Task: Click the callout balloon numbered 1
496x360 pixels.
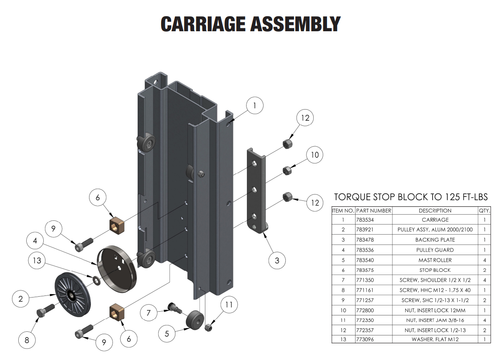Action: (255, 106)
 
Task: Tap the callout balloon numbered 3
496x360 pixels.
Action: (277, 261)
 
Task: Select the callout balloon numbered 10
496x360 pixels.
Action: (314, 155)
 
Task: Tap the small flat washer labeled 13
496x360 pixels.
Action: (95, 280)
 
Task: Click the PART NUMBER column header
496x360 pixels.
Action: (374, 211)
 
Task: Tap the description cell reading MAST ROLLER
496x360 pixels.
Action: (435, 260)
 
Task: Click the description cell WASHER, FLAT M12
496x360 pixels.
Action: (435, 340)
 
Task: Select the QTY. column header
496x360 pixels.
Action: (484, 211)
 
